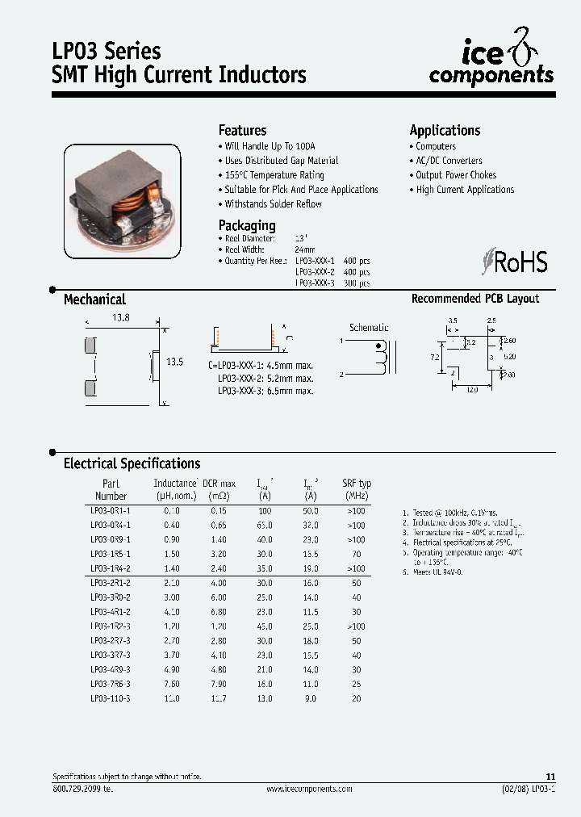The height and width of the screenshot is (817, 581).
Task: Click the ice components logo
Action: (491, 63)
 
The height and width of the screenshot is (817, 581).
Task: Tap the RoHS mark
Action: (514, 262)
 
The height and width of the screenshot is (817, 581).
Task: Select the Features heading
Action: (242, 130)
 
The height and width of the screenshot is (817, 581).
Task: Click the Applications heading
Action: (445, 130)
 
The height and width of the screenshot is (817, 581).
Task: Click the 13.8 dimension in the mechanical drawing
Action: (120, 319)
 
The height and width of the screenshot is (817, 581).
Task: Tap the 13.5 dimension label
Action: (174, 362)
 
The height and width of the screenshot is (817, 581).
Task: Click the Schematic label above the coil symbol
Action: (369, 328)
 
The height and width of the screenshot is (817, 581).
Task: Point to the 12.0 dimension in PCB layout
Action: (472, 389)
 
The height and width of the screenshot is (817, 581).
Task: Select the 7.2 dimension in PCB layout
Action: (433, 355)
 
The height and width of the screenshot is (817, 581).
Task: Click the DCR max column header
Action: (219, 489)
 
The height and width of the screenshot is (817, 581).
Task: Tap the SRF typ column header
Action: (356, 489)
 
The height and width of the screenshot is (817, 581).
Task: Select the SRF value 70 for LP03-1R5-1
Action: (356, 555)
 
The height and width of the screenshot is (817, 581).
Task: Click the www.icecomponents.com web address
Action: (309, 789)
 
